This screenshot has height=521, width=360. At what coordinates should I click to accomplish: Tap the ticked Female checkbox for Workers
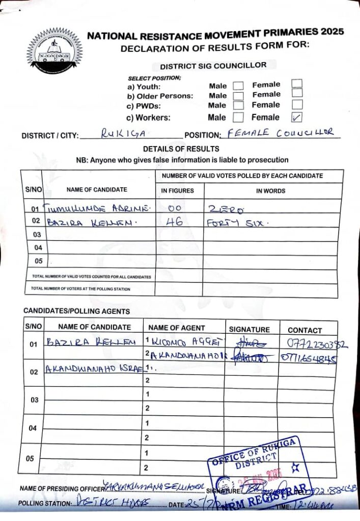(x=296, y=117)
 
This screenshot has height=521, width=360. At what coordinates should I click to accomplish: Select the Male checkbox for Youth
(x=238, y=86)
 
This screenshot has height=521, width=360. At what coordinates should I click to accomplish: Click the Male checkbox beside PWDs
(x=238, y=106)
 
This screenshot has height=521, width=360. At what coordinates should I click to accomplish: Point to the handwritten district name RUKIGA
(x=117, y=134)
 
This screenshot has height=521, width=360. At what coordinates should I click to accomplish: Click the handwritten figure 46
(x=174, y=221)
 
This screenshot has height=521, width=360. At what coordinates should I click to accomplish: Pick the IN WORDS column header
(x=270, y=191)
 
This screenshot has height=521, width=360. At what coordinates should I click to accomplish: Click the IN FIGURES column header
(x=178, y=191)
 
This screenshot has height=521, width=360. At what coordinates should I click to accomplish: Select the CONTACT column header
(x=304, y=330)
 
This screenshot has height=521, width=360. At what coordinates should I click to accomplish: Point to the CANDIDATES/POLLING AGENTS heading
(x=76, y=311)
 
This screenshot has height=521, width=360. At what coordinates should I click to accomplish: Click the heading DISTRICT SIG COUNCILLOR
(x=213, y=66)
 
